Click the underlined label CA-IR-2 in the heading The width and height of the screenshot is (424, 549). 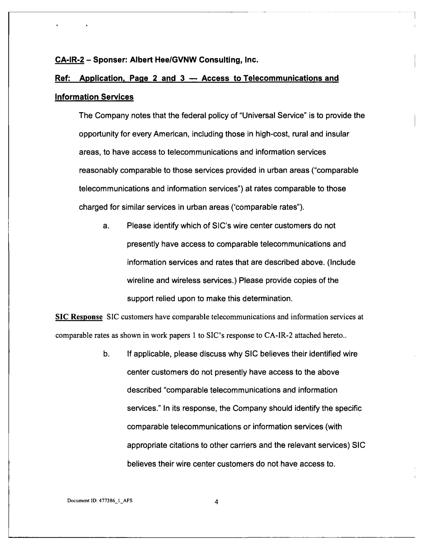(70, 60)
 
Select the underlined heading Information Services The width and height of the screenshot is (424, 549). (94, 97)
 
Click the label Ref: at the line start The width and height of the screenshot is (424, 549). (62, 78)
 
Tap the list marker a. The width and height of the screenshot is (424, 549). (106, 226)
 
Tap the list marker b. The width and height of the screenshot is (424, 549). (106, 354)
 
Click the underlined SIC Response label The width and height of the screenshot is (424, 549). (79, 317)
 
